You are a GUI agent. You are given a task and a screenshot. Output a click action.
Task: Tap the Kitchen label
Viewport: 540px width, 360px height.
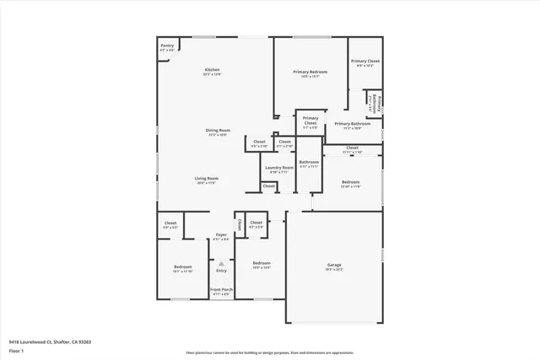click(x=212, y=69)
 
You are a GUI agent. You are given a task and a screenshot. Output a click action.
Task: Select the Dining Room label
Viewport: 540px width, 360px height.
click(x=218, y=130)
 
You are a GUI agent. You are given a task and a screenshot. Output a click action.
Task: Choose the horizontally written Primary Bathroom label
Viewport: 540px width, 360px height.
click(x=353, y=123)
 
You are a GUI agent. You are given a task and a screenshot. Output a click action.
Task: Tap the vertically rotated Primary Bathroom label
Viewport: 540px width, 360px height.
click(x=379, y=103)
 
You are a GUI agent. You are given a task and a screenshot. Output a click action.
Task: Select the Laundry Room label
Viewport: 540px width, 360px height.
click(x=279, y=167)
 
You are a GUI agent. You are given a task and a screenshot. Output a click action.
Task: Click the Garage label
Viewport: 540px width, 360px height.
click(x=334, y=266)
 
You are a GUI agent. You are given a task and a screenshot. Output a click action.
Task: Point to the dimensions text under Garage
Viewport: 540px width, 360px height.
click(x=334, y=271)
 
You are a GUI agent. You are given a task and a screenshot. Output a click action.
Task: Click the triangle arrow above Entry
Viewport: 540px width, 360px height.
click(x=221, y=262)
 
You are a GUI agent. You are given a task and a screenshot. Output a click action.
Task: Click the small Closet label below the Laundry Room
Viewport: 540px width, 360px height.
click(x=268, y=185)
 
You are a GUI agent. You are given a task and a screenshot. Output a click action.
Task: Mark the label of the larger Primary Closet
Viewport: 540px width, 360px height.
click(x=365, y=62)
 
